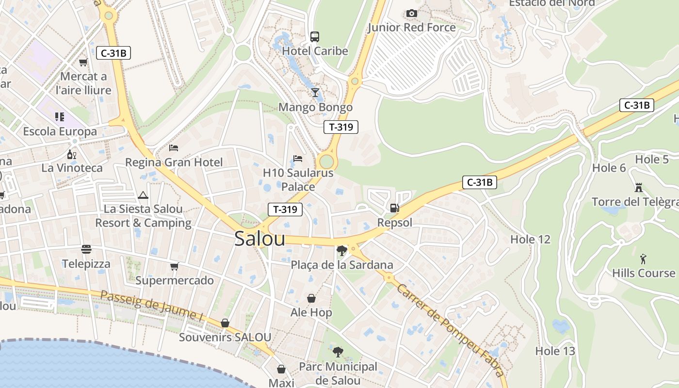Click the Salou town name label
click(259, 239)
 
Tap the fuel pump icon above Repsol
click(395, 208)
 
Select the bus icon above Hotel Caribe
click(315, 36)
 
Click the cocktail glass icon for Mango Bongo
click(315, 92)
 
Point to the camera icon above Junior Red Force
click(411, 13)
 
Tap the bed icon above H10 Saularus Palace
click(298, 159)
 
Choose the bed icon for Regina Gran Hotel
click(174, 147)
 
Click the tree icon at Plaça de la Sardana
click(341, 250)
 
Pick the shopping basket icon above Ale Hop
click(311, 298)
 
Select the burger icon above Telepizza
click(86, 249)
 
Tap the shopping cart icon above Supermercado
click(174, 266)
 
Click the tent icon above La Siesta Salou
click(143, 195)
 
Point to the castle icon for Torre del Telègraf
click(638, 187)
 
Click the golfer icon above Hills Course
click(643, 258)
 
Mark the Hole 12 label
click(530, 239)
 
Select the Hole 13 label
click(555, 351)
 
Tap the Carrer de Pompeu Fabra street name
click(450, 330)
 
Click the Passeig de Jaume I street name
click(151, 306)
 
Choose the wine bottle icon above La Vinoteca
click(72, 154)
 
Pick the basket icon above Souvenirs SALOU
click(225, 323)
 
